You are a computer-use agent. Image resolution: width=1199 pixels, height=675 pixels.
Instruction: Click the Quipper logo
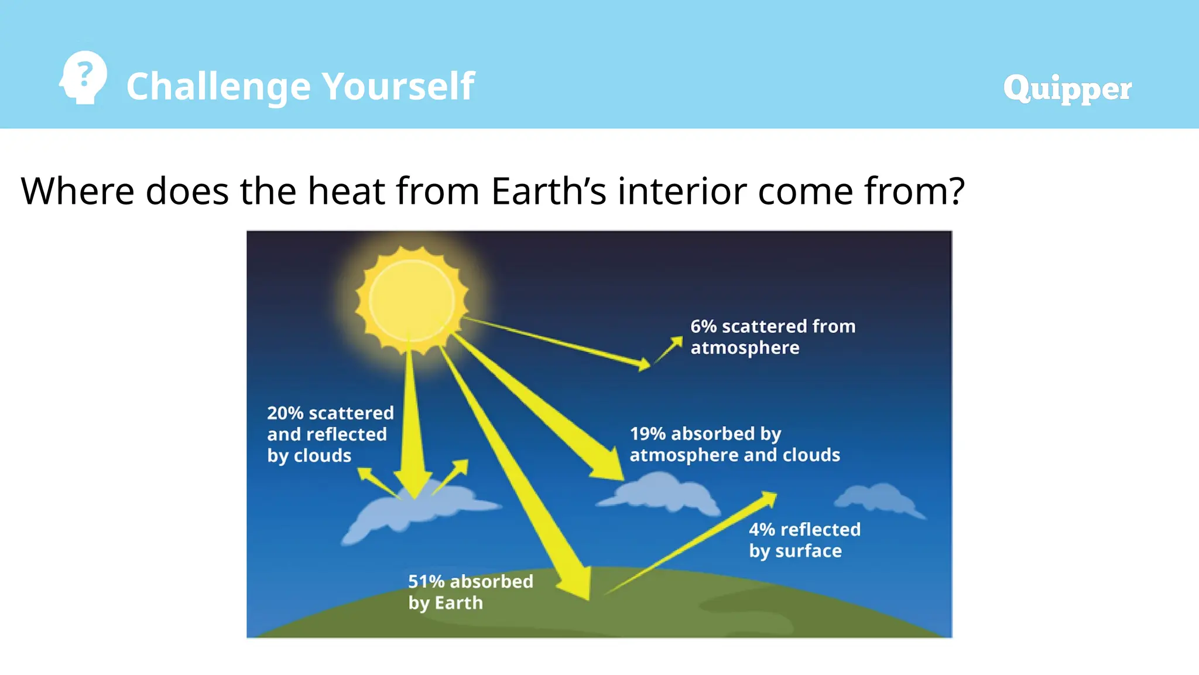tap(1067, 88)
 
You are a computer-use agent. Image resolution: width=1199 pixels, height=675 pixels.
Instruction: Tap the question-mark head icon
tap(84, 77)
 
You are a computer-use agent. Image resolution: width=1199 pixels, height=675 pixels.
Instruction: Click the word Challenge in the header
tap(218, 87)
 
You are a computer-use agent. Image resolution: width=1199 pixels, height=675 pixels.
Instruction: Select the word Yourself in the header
tap(398, 86)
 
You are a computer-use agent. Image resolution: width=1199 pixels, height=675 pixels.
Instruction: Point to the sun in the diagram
tap(412, 300)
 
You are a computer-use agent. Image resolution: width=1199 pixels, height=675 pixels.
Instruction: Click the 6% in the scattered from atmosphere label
tap(703, 326)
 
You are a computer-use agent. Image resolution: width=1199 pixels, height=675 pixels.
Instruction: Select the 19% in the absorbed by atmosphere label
tap(648, 434)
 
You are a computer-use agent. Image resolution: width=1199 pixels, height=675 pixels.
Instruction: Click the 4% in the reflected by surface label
tap(762, 530)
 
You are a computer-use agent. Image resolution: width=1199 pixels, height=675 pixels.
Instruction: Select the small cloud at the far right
tap(878, 498)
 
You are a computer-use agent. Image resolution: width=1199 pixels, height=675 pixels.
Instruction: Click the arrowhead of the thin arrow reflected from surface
tap(769, 497)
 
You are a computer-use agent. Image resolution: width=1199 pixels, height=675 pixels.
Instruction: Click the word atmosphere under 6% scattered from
tap(745, 348)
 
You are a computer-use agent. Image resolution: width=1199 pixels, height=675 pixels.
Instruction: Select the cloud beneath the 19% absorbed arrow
tap(662, 493)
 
